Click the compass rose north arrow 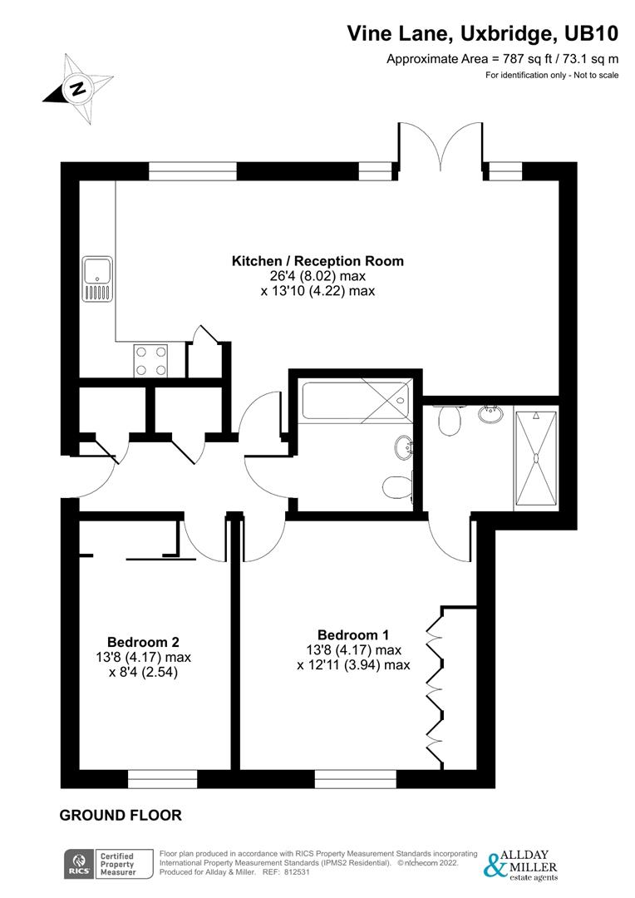pyautogui.click(x=77, y=88)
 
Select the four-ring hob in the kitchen pyautogui.click(x=150, y=359)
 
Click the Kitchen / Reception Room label pyautogui.click(x=317, y=261)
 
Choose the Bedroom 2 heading pyautogui.click(x=143, y=642)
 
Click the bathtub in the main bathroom pyautogui.click(x=354, y=400)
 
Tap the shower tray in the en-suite pyautogui.click(x=535, y=457)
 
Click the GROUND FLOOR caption pyautogui.click(x=121, y=816)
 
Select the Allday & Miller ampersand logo pyautogui.click(x=495, y=865)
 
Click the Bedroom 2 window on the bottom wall pyautogui.click(x=162, y=779)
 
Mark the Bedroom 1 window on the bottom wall pyautogui.click(x=355, y=779)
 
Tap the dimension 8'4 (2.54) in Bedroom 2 pyautogui.click(x=144, y=672)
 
